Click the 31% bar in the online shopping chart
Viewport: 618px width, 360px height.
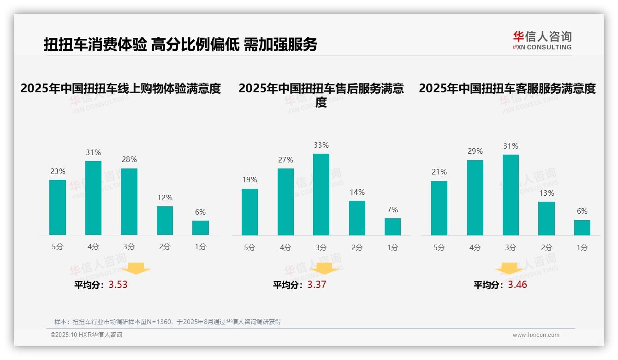pyautogui.click(x=94, y=198)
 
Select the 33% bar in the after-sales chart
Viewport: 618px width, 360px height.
pyautogui.click(x=321, y=194)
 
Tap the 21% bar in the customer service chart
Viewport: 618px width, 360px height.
pyautogui.click(x=439, y=208)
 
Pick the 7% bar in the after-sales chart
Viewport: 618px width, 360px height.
pyautogui.click(x=392, y=227)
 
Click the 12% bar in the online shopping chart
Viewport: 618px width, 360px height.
pyautogui.click(x=165, y=221)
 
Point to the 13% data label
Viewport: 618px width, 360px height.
pyautogui.click(x=547, y=193)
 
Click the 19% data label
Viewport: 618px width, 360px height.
pyautogui.click(x=250, y=180)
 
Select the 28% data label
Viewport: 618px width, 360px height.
pyautogui.click(x=129, y=159)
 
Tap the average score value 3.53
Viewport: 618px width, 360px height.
pyautogui.click(x=118, y=284)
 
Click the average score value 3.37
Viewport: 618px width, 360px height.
pyautogui.click(x=317, y=284)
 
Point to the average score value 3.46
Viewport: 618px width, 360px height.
pyautogui.click(x=517, y=284)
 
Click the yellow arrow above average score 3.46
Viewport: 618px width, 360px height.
pyautogui.click(x=509, y=270)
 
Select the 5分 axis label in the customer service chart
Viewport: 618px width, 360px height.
pyautogui.click(x=439, y=247)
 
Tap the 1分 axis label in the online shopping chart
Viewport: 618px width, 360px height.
pyautogui.click(x=201, y=246)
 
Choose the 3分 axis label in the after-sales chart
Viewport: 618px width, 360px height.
pyautogui.click(x=321, y=247)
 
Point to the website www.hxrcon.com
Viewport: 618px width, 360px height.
pyautogui.click(x=536, y=335)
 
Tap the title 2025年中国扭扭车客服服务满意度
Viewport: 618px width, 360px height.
pyautogui.click(x=507, y=88)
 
